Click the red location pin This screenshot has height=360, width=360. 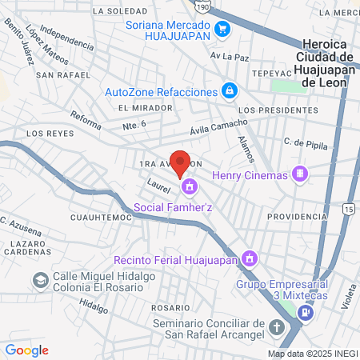click(x=181, y=162)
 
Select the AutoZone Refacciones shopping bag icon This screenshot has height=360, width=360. click(x=230, y=90)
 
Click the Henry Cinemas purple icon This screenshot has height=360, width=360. click(x=300, y=173)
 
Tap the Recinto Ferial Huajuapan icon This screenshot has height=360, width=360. click(x=250, y=258)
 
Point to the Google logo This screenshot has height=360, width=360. click(x=26, y=350)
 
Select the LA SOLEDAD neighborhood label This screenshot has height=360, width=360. click(x=121, y=11)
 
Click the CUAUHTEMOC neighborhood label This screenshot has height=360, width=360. click(x=101, y=217)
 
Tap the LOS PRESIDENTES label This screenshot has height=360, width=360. click(x=273, y=110)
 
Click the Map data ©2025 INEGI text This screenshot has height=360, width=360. click(x=312, y=354)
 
